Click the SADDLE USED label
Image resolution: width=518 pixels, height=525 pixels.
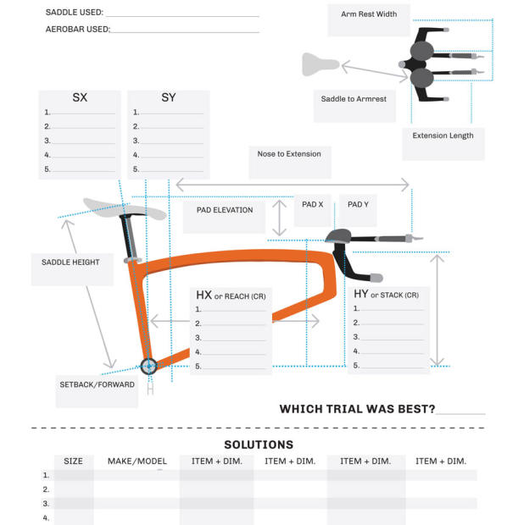75,13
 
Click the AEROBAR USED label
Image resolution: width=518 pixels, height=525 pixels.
77,30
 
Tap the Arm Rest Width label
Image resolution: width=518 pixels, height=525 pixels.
369,14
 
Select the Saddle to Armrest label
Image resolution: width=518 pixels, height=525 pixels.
354,99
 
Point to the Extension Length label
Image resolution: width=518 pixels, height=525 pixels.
443,135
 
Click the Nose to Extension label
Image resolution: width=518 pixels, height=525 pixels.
289,154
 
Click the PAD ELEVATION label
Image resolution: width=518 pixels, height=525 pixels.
225,210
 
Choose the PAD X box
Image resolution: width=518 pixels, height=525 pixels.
313,205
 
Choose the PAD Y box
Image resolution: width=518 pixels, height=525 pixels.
359,205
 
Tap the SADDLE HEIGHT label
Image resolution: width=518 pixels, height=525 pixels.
70,262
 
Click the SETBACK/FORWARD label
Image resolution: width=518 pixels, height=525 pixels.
97,384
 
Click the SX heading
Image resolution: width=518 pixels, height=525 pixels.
80,98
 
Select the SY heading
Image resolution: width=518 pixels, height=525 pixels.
169,98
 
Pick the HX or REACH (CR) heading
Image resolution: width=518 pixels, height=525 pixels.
231,296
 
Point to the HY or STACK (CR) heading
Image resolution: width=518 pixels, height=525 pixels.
386,295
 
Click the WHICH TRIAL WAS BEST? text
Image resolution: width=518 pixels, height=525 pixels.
357,409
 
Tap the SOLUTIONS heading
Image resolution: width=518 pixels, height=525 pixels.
259,445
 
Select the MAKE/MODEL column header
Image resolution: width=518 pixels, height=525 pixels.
137,461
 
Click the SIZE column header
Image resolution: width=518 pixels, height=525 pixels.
74,461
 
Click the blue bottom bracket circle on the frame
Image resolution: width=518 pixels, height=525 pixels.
149,366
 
